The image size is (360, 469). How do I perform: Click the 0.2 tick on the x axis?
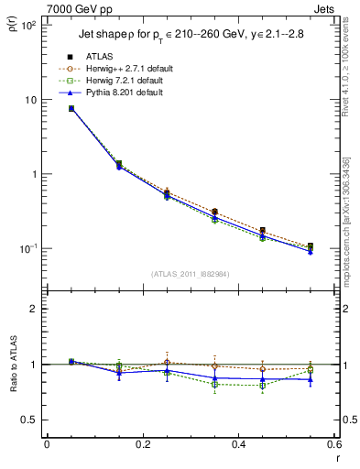tap(142, 444)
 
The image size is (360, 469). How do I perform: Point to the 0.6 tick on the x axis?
tap(333, 444)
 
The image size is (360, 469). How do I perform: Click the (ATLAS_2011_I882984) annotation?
tap(190, 274)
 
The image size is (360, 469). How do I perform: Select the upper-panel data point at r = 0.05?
tap(71, 108)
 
